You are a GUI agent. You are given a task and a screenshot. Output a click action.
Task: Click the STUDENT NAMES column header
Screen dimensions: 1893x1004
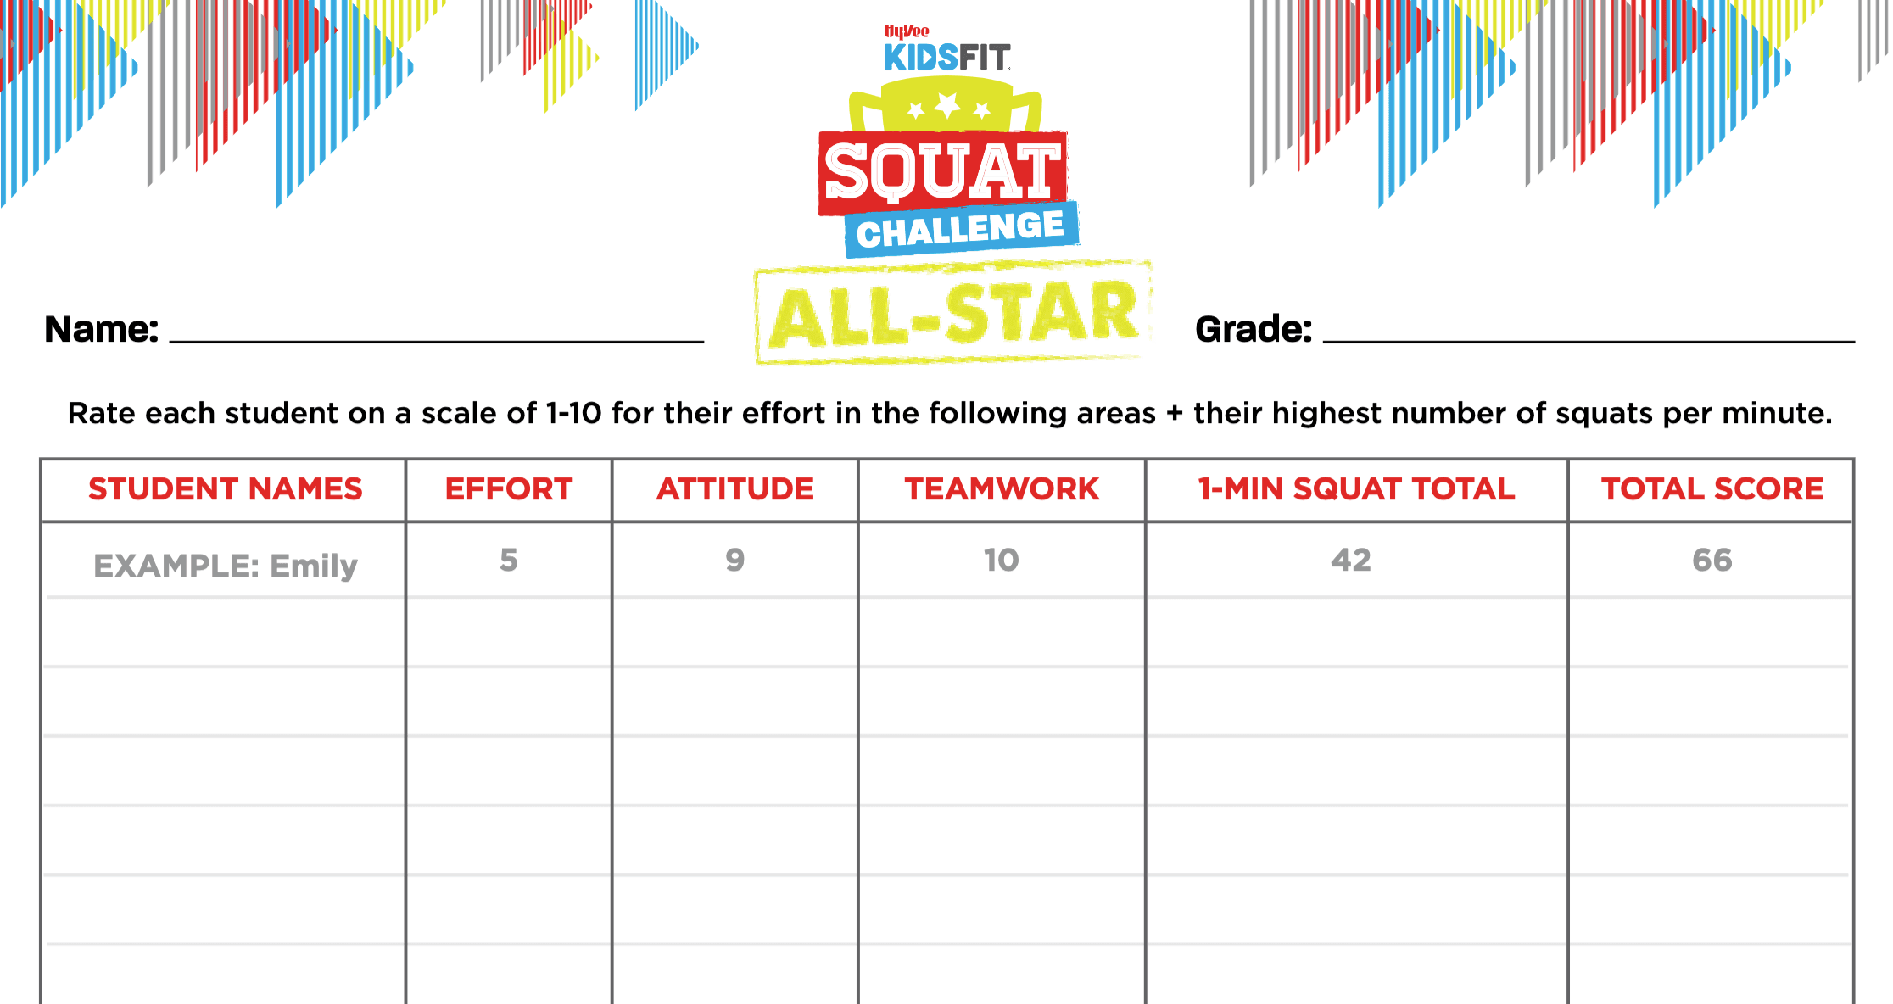[x=226, y=489]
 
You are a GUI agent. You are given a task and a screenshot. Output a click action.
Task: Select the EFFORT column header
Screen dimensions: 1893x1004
[x=509, y=489]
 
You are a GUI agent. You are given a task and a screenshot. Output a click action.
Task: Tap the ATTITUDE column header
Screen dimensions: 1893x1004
[x=735, y=489]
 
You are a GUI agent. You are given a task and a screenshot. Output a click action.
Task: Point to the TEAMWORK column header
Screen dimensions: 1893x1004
[x=1002, y=489]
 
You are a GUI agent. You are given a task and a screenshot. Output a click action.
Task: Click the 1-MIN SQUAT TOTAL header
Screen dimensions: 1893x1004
[x=1356, y=489]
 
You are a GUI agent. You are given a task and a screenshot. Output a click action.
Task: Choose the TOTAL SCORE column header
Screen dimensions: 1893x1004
[x=1712, y=489]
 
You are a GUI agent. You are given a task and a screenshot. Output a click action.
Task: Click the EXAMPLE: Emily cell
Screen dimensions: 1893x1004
[x=226, y=566]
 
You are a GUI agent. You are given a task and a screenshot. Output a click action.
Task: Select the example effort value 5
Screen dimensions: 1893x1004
[x=509, y=560]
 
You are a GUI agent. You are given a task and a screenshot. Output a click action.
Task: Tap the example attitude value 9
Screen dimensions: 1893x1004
[x=735, y=560]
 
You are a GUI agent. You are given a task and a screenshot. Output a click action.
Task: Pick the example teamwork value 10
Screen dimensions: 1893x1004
[x=1002, y=560]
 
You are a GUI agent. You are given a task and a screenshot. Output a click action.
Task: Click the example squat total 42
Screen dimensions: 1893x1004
[x=1351, y=560]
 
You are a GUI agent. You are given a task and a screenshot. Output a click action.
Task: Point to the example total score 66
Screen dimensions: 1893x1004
[x=1712, y=560]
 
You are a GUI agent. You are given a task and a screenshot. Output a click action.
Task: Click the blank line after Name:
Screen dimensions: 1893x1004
[x=437, y=342]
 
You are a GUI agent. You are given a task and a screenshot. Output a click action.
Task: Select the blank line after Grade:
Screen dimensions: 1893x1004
[x=1589, y=342]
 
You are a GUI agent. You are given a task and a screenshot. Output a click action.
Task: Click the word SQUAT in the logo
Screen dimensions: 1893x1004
[x=942, y=172]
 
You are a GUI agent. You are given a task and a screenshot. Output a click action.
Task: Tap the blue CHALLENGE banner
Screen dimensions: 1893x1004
[x=962, y=229]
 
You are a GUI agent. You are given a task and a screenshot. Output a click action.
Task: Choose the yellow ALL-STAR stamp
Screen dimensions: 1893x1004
[x=953, y=313]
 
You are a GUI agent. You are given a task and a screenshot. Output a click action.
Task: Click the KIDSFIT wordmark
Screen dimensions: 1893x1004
[x=947, y=58]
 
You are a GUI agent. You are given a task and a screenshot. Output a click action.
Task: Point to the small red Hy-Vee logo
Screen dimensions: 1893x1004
[x=907, y=31]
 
